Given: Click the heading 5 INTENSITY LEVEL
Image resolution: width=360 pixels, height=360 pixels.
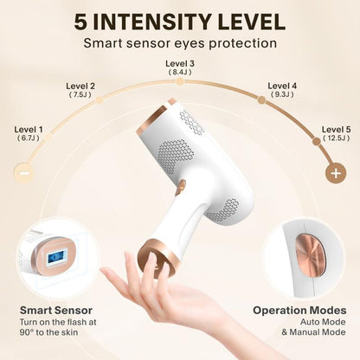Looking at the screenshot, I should tap(180, 20).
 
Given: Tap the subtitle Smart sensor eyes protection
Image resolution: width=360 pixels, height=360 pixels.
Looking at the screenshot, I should tap(180, 42).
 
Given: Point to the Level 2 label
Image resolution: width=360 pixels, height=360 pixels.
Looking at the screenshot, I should tap(80, 86).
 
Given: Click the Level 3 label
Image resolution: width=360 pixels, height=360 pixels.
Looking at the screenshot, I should tap(180, 63).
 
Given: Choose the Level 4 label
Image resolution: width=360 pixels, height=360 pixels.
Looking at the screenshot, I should tap(282, 86).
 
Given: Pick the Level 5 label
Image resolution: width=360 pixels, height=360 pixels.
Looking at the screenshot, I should tap(336, 129).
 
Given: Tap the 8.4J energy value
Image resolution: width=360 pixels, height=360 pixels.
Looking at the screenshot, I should tap(180, 73).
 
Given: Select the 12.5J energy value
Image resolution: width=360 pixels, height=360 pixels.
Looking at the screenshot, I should tap(336, 138).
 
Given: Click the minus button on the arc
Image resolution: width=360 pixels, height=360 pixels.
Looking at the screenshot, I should tap(24, 171).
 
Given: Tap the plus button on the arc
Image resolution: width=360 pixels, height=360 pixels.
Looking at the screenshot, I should tap(335, 171).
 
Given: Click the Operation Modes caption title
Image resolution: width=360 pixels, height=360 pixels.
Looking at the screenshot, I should tap(299, 310).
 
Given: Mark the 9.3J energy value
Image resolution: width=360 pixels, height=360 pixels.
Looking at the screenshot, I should tap(282, 95).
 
